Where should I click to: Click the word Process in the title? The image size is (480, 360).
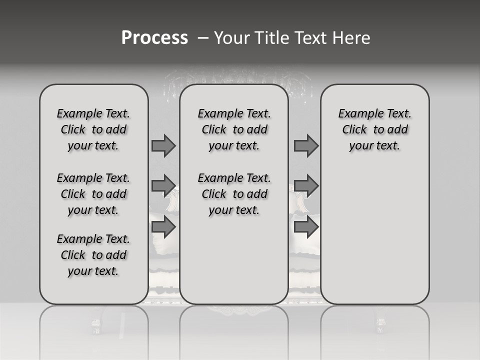point(154,38)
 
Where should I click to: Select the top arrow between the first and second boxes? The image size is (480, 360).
point(163,145)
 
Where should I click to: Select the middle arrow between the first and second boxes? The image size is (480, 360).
point(163,186)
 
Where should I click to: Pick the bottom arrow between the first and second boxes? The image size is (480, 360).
point(163,227)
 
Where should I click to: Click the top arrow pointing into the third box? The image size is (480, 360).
point(306,145)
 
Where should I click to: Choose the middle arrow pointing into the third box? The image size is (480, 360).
point(306,186)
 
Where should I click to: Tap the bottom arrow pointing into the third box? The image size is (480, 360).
point(306,227)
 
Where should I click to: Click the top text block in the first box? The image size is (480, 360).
point(93,129)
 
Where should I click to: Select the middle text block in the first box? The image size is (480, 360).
point(93,194)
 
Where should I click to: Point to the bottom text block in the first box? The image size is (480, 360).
point(93,255)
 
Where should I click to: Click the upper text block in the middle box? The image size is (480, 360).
point(234,129)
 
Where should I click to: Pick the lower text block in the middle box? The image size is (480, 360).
point(234,194)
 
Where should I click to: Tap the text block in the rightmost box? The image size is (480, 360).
point(374,129)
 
